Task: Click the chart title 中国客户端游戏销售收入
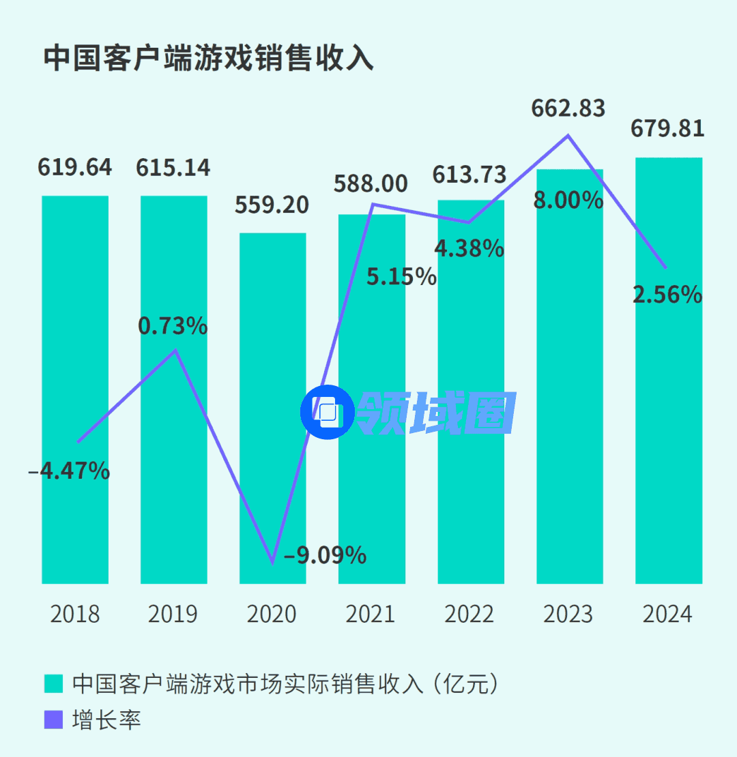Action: (208, 58)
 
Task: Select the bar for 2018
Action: (75, 389)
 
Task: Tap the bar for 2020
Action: (273, 409)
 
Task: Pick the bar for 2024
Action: (669, 372)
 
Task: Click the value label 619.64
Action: (75, 168)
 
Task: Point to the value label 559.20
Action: (272, 205)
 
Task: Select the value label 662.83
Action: (568, 108)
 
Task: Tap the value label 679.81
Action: (667, 129)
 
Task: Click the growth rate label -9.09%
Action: (325, 556)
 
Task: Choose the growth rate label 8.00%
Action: (568, 201)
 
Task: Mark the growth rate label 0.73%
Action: (173, 326)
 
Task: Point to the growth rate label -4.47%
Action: (70, 471)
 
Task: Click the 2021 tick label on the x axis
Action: (371, 614)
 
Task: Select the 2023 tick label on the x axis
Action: (568, 614)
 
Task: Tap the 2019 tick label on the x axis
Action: (173, 614)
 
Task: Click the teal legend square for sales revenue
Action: (53, 683)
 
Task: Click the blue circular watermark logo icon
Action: (328, 411)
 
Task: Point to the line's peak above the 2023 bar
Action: (568, 135)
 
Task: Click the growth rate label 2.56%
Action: (667, 295)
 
